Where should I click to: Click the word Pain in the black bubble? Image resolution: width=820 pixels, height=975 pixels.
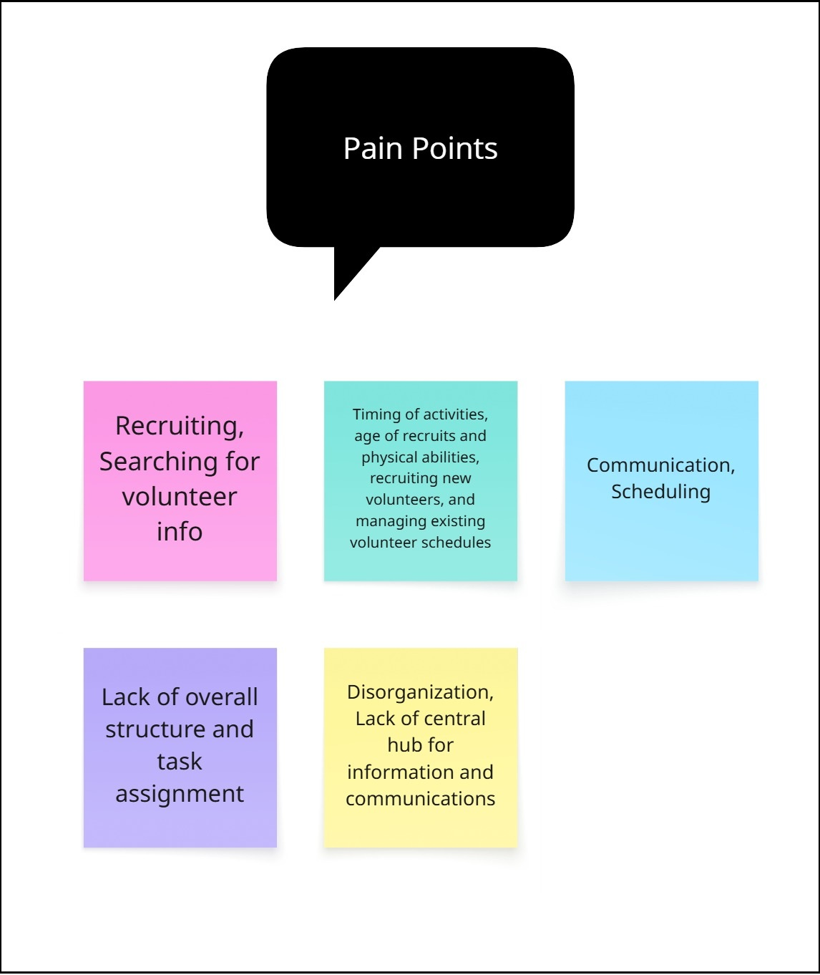[x=373, y=149]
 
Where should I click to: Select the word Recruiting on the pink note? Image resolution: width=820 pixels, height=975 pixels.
[x=180, y=426]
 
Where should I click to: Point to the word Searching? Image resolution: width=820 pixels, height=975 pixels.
[x=159, y=462]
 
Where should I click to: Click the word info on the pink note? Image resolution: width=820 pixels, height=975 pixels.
[x=180, y=532]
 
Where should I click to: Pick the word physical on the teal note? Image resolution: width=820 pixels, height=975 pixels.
[x=386, y=457]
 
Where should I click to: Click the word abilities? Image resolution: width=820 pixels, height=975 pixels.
[x=448, y=457]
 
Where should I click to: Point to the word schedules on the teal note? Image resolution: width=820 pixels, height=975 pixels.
[x=456, y=543]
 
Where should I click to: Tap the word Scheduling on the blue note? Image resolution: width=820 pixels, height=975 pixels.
[x=660, y=492]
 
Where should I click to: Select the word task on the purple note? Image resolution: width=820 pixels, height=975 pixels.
[x=180, y=762]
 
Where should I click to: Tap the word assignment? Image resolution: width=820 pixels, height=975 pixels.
[x=180, y=794]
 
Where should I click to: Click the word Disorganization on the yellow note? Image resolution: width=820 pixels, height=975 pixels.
[x=420, y=692]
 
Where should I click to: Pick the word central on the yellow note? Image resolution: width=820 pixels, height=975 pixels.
[x=450, y=719]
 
